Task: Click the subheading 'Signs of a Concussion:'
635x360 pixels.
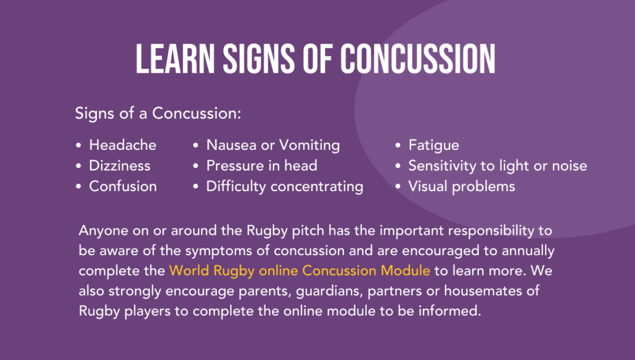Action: pyautogui.click(x=158, y=114)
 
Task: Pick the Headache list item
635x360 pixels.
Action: pyautogui.click(x=123, y=145)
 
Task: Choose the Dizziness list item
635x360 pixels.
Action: pyautogui.click(x=120, y=166)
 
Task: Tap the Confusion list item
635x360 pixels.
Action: pyautogui.click(x=123, y=186)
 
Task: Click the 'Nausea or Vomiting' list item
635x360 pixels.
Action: pyautogui.click(x=273, y=145)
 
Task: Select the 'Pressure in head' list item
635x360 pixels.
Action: pyautogui.click(x=261, y=166)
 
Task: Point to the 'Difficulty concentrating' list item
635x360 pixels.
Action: pyautogui.click(x=285, y=186)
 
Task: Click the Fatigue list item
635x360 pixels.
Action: pyautogui.click(x=433, y=145)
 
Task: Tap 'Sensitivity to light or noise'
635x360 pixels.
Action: pyautogui.click(x=498, y=166)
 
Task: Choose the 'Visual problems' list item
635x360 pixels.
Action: pyautogui.click(x=462, y=186)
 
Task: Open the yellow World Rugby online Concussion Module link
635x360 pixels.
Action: pyautogui.click(x=300, y=271)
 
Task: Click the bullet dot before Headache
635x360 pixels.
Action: pyautogui.click(x=78, y=146)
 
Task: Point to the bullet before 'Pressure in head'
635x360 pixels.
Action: pyautogui.click(x=195, y=166)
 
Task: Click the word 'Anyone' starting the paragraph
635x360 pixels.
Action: pyautogui.click(x=100, y=231)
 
